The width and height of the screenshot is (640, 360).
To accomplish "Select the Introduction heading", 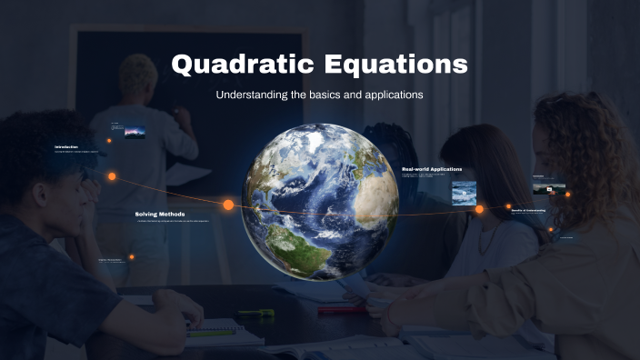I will [x=66, y=146].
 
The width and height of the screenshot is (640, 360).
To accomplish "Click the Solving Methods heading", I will [x=161, y=214].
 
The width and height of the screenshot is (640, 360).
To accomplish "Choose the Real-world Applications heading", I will [x=432, y=169].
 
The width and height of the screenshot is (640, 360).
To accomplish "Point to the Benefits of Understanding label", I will [x=528, y=210].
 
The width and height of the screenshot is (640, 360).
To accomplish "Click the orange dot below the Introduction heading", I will [x=112, y=176].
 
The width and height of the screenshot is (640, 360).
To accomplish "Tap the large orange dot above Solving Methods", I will [x=228, y=205].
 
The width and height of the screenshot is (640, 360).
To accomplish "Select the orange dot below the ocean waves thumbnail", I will [x=479, y=209].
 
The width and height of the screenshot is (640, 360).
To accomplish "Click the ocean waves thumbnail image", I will [x=465, y=192].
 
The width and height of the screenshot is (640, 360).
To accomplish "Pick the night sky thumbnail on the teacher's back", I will [x=135, y=132].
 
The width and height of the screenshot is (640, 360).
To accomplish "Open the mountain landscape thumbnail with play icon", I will [x=548, y=188].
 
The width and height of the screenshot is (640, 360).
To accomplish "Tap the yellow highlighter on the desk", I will [x=255, y=314].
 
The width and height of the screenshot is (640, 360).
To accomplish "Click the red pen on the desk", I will [x=341, y=310].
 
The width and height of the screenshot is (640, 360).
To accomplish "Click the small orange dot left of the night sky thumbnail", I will [x=109, y=141].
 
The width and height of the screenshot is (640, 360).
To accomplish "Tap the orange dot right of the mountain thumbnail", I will [x=567, y=194].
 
